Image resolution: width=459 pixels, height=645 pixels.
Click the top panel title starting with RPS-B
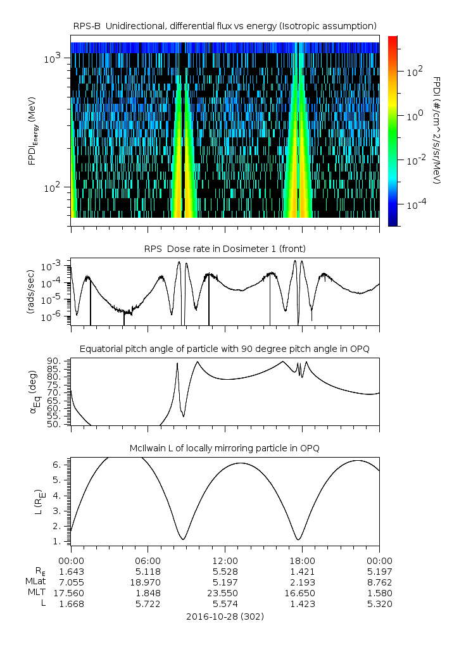pos(225,27)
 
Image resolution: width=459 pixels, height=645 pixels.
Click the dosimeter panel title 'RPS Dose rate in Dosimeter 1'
pos(225,249)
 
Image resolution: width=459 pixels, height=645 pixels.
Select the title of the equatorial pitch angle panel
pos(225,349)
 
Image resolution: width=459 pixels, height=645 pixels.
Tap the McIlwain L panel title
pos(225,448)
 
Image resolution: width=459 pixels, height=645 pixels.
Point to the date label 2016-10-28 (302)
pos(225,617)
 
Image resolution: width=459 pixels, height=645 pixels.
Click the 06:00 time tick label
pos(148,561)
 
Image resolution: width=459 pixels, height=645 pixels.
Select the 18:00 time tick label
pos(302,561)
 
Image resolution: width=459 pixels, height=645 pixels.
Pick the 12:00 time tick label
pos(225,561)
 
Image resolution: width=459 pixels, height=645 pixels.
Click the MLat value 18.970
pos(148,582)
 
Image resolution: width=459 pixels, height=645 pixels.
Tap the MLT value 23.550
pos(225,593)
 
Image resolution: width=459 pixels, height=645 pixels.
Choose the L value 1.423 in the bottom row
pos(302,604)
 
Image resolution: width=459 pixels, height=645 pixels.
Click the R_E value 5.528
pos(225,572)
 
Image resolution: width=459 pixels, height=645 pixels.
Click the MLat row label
pos(35,582)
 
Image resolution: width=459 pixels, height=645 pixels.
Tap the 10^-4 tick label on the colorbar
pos(415,204)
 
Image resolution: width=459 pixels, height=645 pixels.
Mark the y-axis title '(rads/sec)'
pos(31,292)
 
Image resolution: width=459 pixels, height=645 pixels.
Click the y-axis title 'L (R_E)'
pos(39,502)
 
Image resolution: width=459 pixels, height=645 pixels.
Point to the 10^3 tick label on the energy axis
pos(52,58)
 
